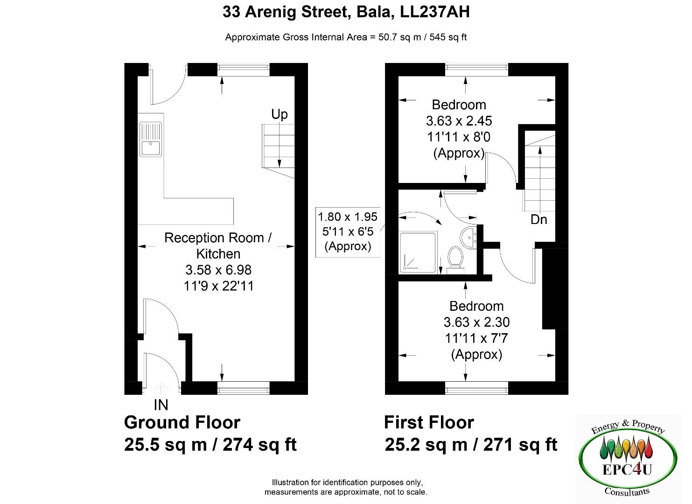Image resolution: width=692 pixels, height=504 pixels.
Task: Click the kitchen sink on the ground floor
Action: [151, 140]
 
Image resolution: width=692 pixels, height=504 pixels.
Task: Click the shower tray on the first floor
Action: [418, 252]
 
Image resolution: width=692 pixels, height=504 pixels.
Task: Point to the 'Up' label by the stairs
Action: [279, 114]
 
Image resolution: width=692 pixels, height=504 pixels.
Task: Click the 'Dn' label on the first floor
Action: [539, 220]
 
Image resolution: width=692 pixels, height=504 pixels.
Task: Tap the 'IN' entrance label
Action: [161, 405]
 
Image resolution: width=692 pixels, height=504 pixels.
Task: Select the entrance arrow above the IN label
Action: [161, 388]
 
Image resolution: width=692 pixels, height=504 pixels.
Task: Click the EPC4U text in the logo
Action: [627, 470]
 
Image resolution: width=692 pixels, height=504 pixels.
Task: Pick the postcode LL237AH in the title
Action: [435, 12]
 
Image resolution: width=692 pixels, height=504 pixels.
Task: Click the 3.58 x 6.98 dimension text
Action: [218, 270]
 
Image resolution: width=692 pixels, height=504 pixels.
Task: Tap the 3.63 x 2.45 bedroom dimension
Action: [459, 121]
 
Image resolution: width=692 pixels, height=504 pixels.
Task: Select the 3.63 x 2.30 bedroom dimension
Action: [476, 322]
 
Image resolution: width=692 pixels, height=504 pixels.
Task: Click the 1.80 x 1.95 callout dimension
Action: [348, 217]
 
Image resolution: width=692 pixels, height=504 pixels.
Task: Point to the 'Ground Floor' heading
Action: [182, 422]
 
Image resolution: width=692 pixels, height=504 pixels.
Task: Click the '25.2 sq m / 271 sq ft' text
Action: [471, 445]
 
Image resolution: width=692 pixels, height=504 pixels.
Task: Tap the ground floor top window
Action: [244, 70]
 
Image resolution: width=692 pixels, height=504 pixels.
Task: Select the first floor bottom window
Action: [477, 388]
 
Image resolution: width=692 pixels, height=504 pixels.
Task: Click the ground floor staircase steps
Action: [278, 146]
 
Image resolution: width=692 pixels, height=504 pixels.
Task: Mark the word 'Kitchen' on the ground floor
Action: [218, 254]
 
